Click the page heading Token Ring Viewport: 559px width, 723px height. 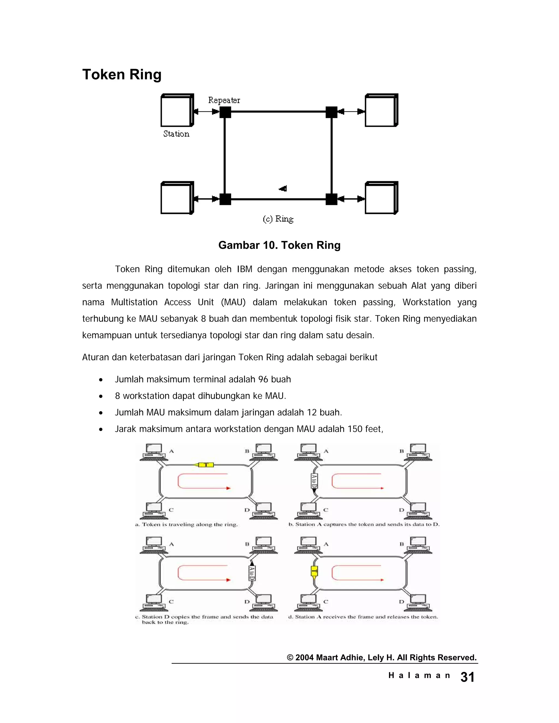pos(121,74)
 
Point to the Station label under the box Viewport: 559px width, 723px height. pos(176,134)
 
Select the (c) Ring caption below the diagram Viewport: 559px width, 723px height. pos(278,219)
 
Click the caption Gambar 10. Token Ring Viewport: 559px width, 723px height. pos(279,245)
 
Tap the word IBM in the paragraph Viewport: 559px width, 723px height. pos(244,269)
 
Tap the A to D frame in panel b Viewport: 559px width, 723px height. pos(314,481)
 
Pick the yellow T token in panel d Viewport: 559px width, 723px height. pos(314,571)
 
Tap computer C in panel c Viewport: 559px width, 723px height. pos(153,603)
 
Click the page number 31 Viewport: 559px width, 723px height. pos(467,677)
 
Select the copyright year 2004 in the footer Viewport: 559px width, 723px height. pos(304,658)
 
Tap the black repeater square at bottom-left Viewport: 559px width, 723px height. pos(225,199)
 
